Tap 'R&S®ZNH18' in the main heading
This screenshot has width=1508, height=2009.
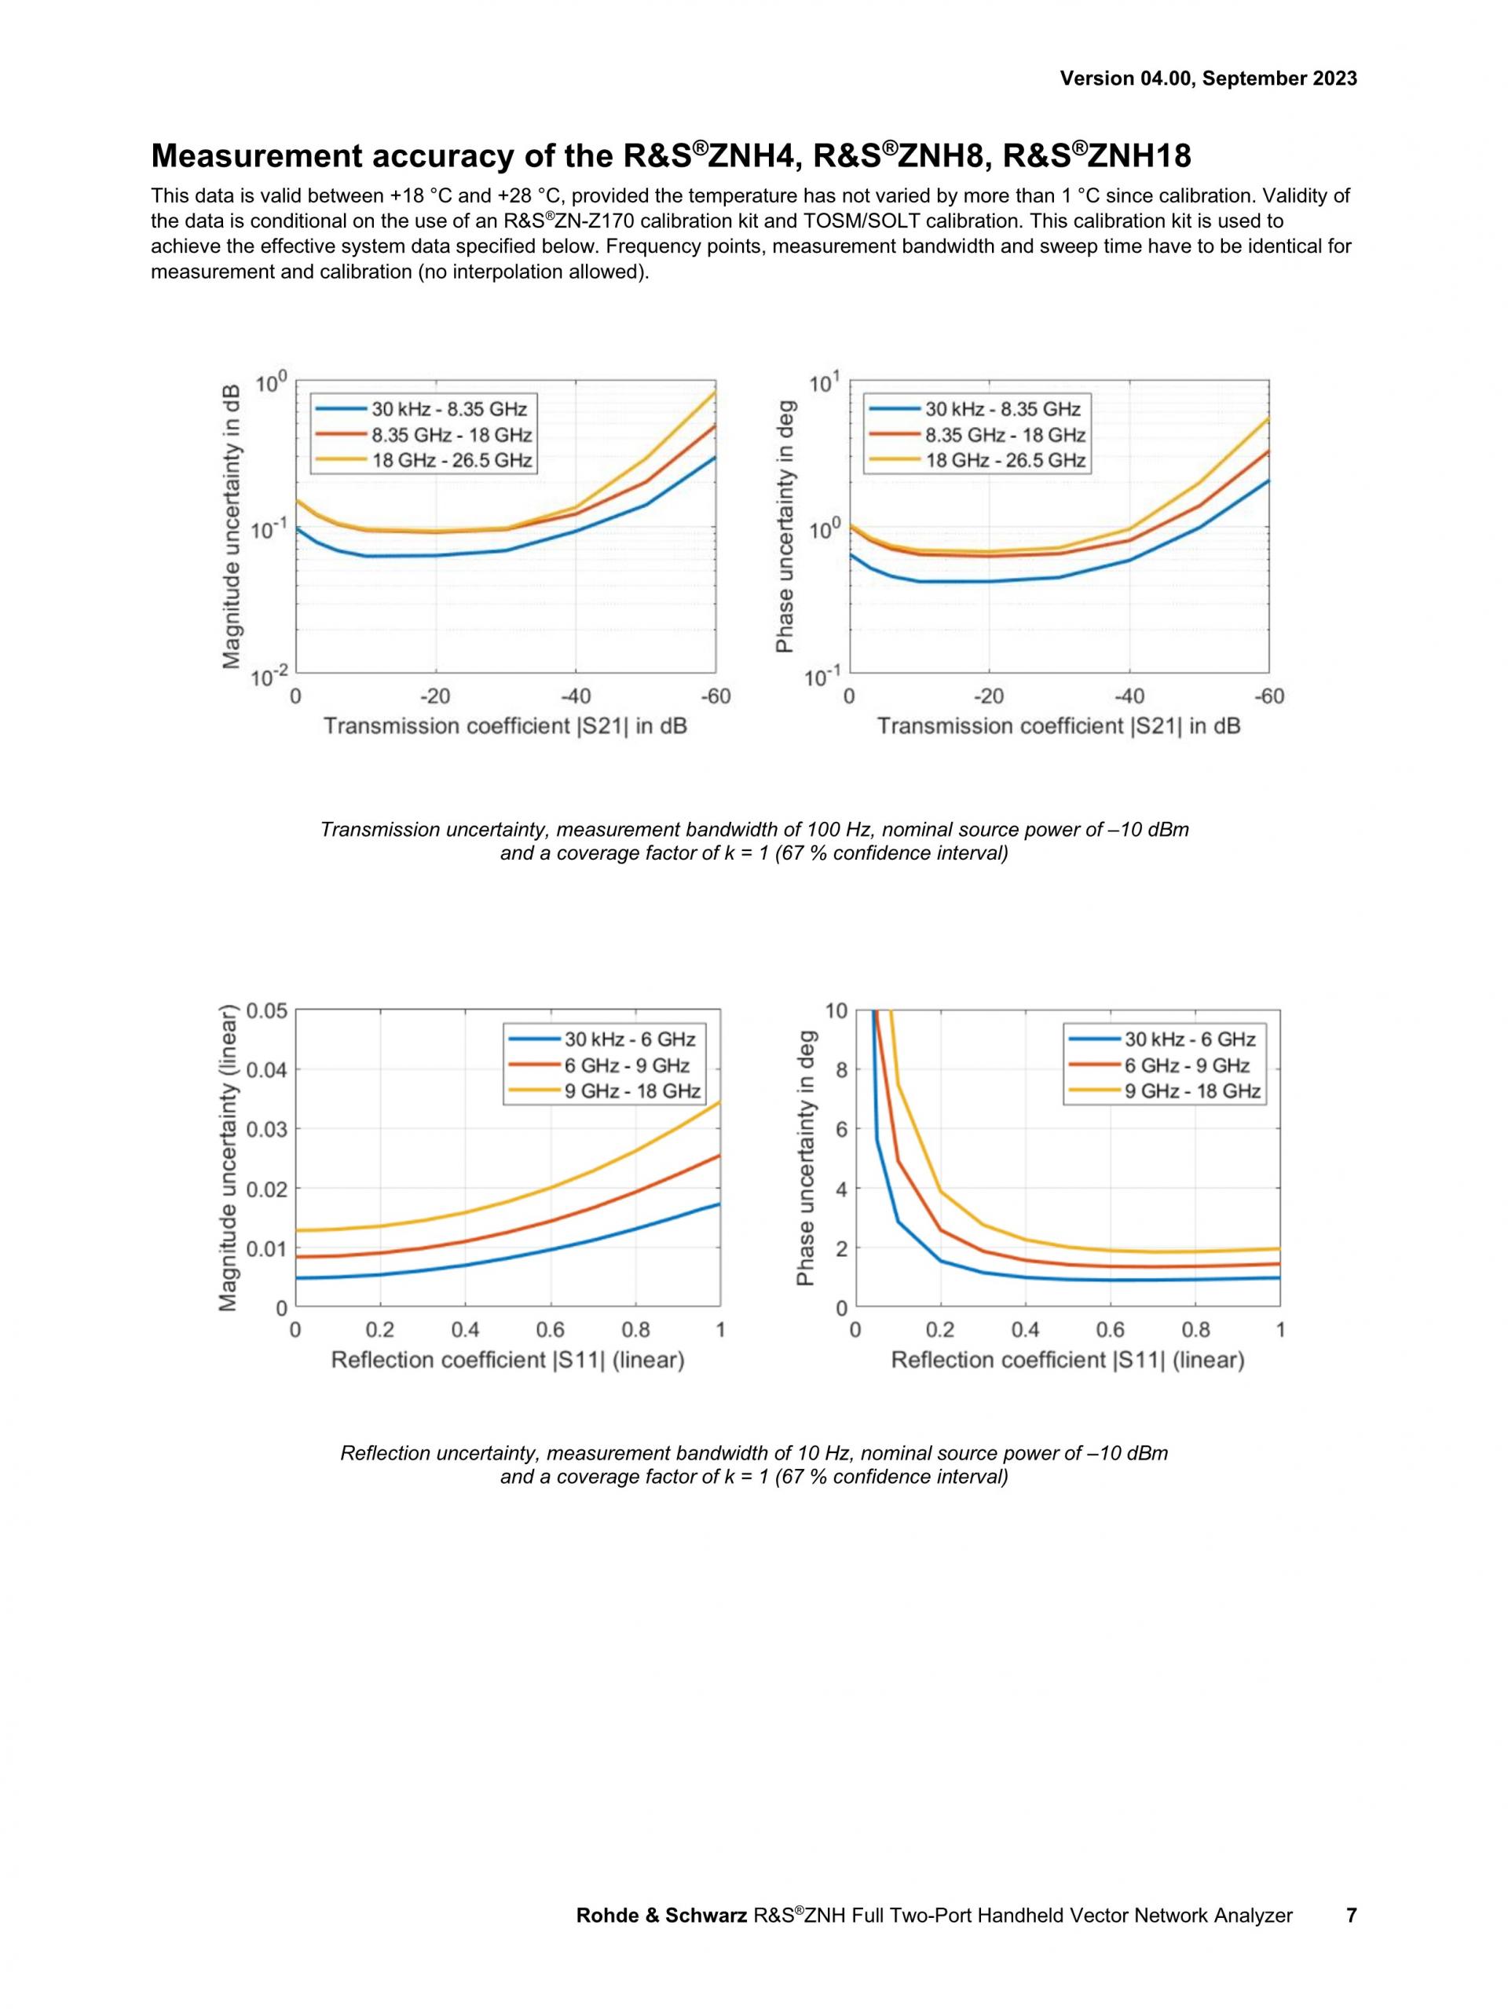coord(1096,156)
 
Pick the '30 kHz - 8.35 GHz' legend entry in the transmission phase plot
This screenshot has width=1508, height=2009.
coord(1002,409)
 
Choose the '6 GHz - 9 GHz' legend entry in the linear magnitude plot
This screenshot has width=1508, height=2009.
coord(626,1065)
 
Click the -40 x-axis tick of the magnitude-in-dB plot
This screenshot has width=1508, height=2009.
coord(575,696)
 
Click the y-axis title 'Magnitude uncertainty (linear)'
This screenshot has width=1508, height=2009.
coord(229,1158)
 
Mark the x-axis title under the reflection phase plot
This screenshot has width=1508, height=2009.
coord(1067,1360)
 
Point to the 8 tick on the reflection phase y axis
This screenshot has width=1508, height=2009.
coord(841,1070)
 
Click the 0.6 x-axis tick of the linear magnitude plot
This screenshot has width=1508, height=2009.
coord(551,1330)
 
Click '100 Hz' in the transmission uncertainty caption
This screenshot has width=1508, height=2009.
coord(840,829)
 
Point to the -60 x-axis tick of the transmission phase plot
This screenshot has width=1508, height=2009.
coord(1269,696)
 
